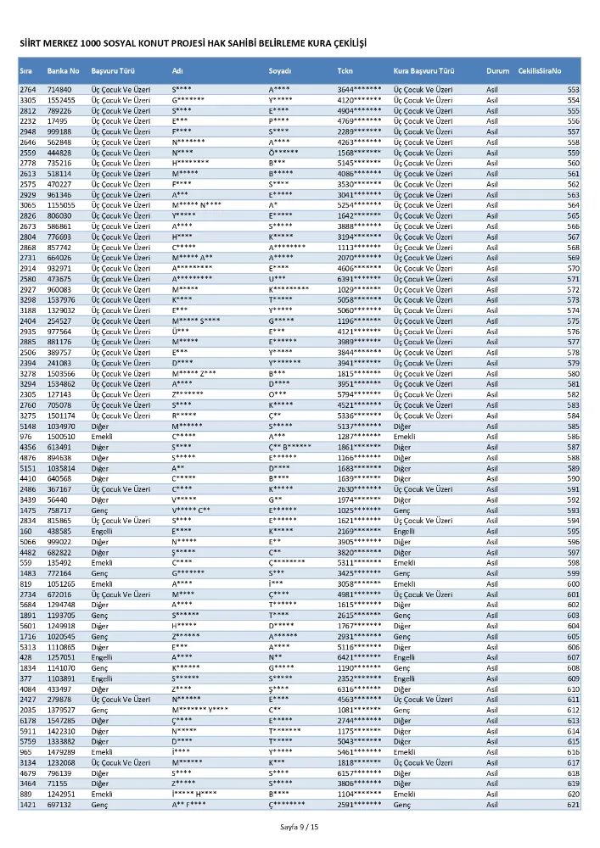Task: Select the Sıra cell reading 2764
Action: [x=27, y=89]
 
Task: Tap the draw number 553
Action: [x=573, y=89]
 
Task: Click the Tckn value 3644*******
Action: [x=359, y=89]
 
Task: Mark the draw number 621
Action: [x=573, y=804]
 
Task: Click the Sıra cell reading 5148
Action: [x=27, y=427]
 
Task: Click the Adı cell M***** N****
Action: [x=196, y=205]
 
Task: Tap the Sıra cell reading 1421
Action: [x=27, y=804]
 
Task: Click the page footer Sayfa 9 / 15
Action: [x=300, y=827]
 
